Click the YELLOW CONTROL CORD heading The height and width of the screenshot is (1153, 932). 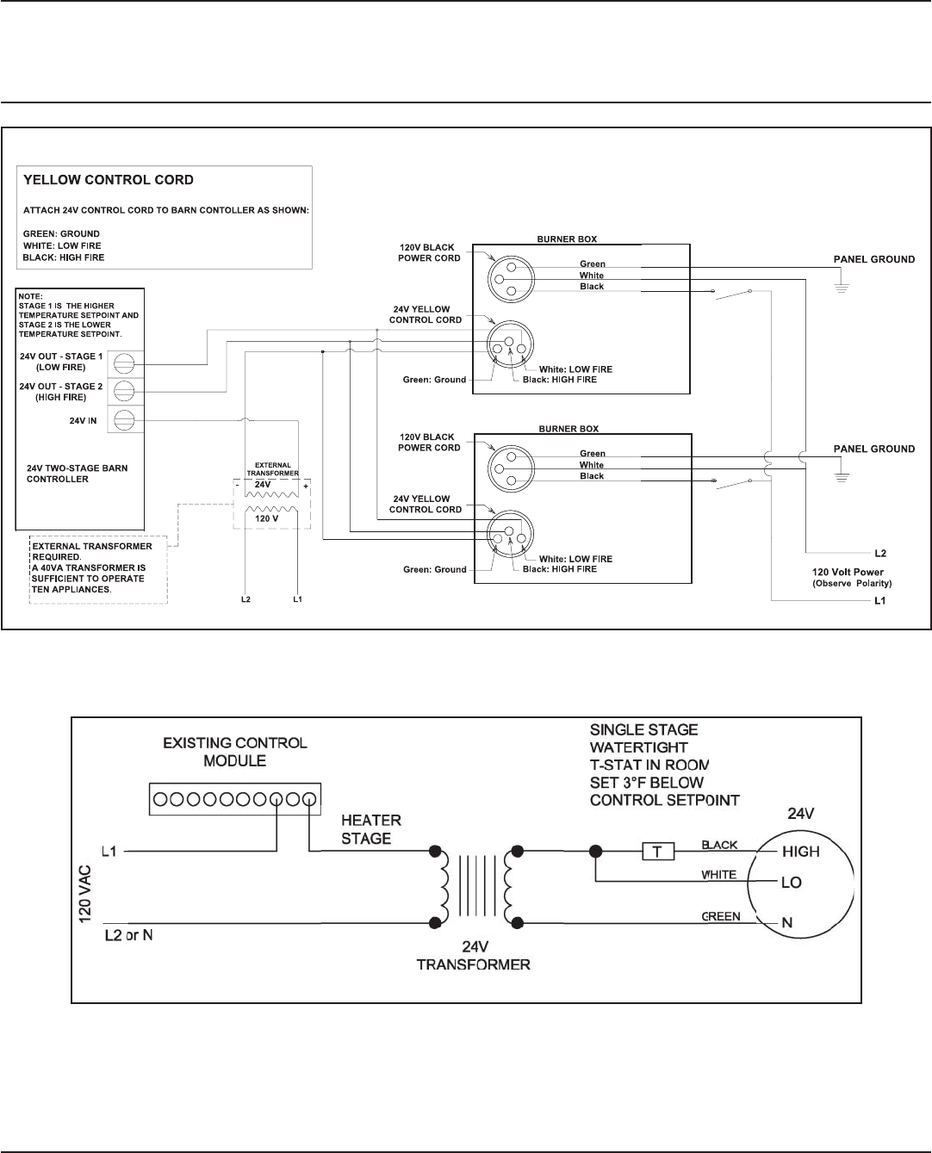(108, 180)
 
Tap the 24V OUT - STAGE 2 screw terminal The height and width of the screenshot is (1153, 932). (123, 392)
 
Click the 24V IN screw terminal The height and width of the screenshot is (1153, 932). (123, 420)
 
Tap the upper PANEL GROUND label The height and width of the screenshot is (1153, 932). (873, 259)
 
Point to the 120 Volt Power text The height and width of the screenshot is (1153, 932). (848, 572)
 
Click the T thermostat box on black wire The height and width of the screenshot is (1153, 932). (658, 852)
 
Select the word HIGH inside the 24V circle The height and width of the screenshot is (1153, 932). (800, 852)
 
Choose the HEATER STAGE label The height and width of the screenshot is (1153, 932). (371, 829)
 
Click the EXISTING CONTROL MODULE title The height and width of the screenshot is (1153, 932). (234, 751)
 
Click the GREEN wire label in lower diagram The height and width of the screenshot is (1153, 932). (720, 917)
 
